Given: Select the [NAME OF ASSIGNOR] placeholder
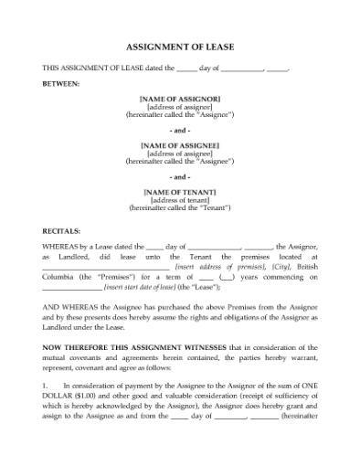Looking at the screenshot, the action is point(180,98).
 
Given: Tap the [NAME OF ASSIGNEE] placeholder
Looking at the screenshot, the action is point(180,144).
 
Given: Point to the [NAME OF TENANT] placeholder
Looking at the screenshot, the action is point(180,192).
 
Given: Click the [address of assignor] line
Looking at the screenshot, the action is point(180,107).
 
